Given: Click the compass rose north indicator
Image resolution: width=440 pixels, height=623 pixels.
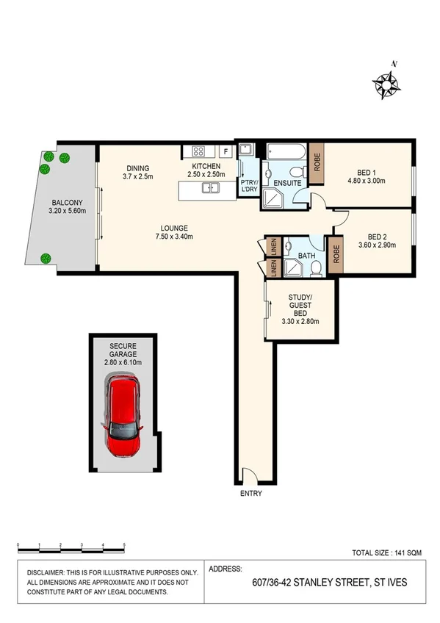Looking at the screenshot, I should (x=387, y=82).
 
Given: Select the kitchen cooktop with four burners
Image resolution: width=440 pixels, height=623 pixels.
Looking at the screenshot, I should (x=198, y=151).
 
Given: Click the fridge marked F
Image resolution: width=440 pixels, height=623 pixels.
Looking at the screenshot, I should (x=226, y=151).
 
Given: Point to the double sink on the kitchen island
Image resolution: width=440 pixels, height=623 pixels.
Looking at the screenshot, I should (x=209, y=189).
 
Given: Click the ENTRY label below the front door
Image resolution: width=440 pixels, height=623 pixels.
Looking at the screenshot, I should (x=251, y=494).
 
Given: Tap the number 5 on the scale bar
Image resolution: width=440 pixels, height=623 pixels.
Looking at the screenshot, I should (x=124, y=545).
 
